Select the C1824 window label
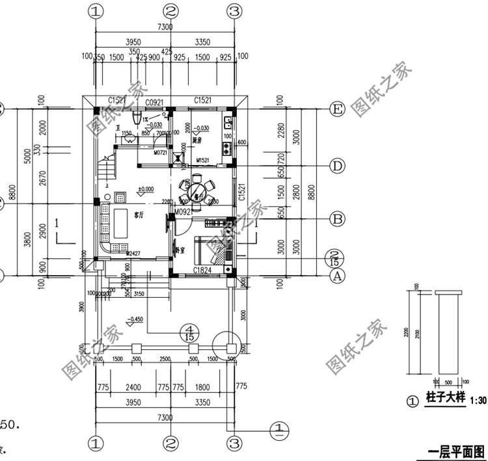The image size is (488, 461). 204,270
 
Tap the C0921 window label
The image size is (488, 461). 154,102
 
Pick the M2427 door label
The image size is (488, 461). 134,253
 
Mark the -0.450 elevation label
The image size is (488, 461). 136,319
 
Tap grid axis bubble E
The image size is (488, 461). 337,110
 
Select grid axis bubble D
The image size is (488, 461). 337,166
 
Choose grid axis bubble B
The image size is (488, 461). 337,219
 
